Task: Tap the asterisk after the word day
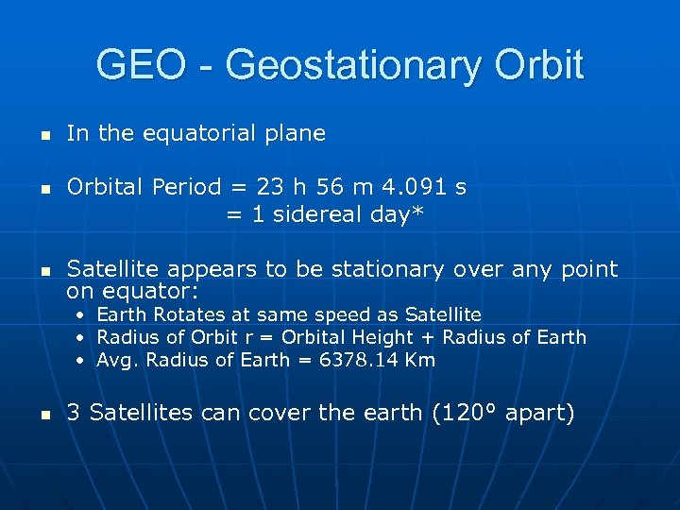pyautogui.click(x=417, y=213)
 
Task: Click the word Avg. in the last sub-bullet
pyautogui.click(x=116, y=360)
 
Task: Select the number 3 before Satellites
pyautogui.click(x=74, y=413)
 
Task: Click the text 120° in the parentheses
pyautogui.click(x=456, y=413)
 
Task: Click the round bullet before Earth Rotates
pyautogui.click(x=82, y=315)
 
